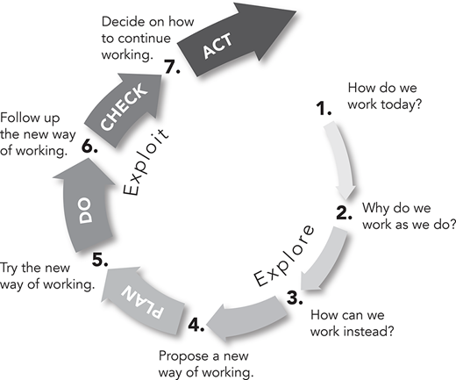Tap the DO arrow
point(86,209)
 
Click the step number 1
point(324,108)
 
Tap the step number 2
point(344,212)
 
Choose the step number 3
point(295,298)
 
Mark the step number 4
point(196,325)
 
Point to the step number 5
point(100,260)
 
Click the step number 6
point(89,146)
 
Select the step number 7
point(172,67)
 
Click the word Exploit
point(146,161)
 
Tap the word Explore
point(284,255)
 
